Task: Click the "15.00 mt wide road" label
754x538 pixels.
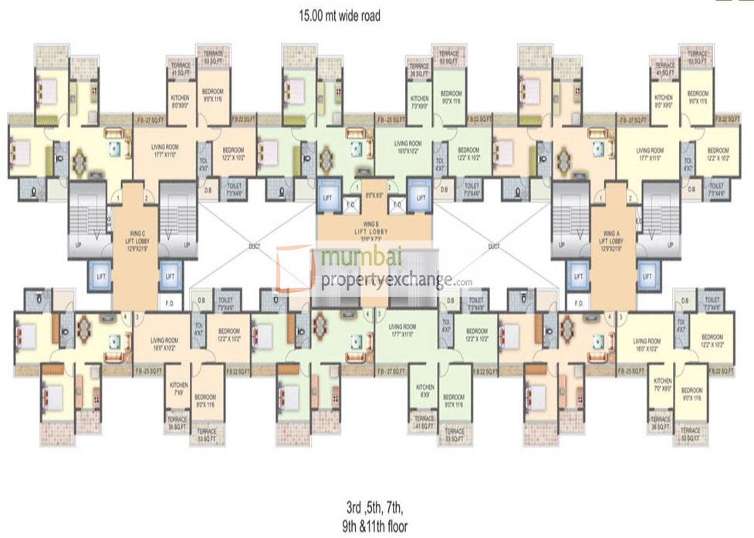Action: pos(340,14)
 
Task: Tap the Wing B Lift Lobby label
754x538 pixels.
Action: pos(374,230)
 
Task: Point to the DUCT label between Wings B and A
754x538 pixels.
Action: pos(494,247)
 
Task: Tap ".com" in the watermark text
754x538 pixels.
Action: pos(462,283)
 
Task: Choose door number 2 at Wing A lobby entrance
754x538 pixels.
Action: pos(631,198)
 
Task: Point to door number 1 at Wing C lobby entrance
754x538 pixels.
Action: pos(117,198)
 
